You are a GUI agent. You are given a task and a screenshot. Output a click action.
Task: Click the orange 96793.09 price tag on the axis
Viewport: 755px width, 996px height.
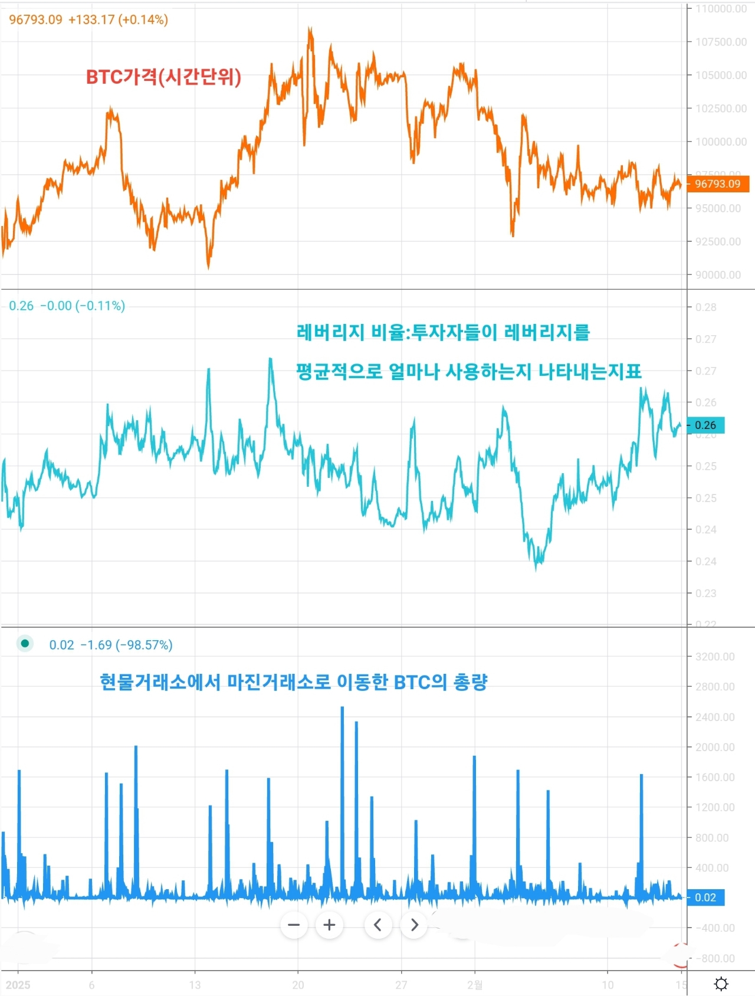[x=717, y=184]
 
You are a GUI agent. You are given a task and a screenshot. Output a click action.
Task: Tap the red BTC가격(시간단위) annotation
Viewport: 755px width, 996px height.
[x=163, y=77]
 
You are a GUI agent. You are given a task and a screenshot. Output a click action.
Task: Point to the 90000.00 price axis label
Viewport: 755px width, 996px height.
[x=718, y=275]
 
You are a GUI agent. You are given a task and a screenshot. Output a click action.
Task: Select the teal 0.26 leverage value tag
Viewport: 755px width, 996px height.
[x=705, y=425]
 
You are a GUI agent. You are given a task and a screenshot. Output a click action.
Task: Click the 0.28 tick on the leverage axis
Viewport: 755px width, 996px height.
[x=705, y=307]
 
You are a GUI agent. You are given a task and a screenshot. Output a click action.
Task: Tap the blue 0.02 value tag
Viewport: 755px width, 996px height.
[x=705, y=897]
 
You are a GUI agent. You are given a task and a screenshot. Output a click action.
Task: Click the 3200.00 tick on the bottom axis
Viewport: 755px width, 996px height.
[x=715, y=657]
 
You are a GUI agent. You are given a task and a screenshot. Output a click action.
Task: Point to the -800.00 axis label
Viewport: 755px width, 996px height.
[x=715, y=958]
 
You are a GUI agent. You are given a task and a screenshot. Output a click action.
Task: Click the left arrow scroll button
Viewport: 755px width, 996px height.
[x=377, y=925]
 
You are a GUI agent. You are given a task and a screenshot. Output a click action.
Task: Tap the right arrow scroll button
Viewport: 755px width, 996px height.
[x=414, y=925]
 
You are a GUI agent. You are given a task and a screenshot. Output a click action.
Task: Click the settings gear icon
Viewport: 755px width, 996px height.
[x=721, y=984]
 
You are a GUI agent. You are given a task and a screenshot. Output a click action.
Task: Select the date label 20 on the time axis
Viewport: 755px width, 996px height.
[x=298, y=985]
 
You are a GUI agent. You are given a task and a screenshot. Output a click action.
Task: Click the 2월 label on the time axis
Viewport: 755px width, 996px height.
[x=475, y=985]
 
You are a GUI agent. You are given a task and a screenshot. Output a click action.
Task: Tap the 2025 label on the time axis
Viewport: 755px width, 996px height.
[x=18, y=985]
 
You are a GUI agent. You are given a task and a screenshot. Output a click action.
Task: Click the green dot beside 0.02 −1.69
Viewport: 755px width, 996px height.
[x=25, y=644]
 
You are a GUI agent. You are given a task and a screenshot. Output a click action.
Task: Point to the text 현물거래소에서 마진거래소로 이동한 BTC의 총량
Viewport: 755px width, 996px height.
[x=294, y=682]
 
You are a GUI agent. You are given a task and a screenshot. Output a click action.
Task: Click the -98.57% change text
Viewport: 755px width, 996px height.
[x=144, y=645]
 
